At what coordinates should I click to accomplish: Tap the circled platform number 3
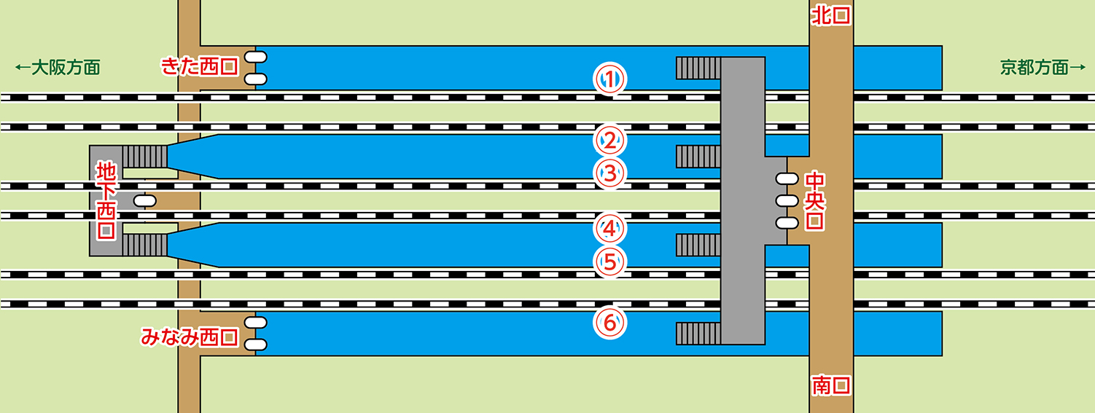[x=611, y=173]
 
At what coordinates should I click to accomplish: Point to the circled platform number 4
[x=611, y=228]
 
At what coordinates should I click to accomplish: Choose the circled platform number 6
[x=611, y=321]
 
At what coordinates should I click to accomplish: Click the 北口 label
[x=831, y=16]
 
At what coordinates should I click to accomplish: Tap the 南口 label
[x=831, y=385]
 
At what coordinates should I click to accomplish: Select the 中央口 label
[x=814, y=200]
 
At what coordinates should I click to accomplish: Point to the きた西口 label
[x=199, y=67]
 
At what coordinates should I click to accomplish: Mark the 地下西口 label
[x=106, y=200]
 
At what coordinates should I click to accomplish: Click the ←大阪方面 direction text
[x=57, y=68]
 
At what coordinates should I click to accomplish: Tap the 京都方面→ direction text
[x=1043, y=68]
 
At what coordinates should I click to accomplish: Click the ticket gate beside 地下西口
[x=145, y=200]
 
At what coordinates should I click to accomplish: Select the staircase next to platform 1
[x=698, y=68]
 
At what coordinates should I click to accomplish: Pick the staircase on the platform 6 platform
[x=698, y=333]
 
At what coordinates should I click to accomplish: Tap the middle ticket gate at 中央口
[x=787, y=200]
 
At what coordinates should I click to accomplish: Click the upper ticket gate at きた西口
[x=255, y=57]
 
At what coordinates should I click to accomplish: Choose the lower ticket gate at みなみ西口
[x=255, y=344]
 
